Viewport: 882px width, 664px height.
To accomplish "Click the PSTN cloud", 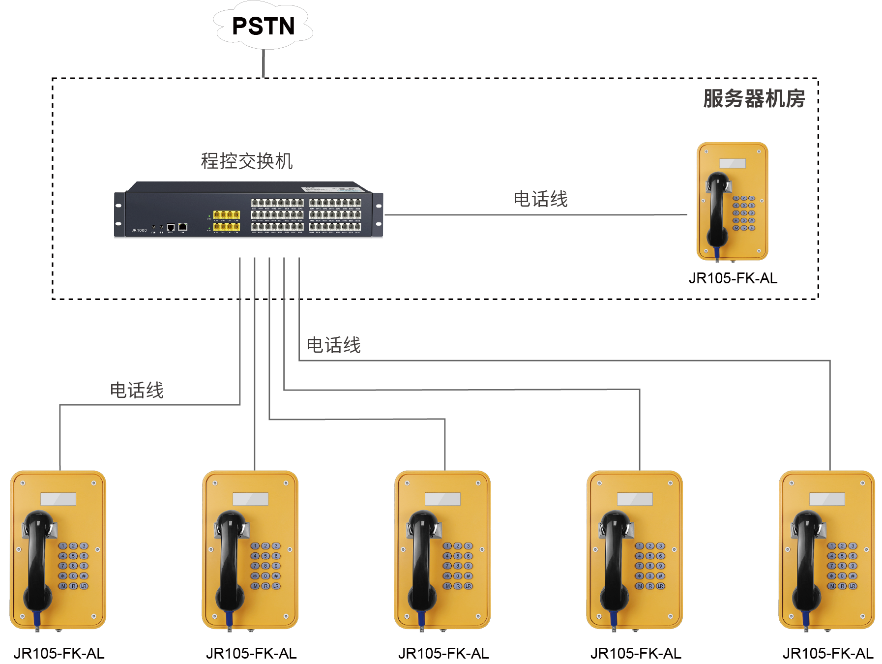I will [263, 26].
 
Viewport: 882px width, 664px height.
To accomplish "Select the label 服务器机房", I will [754, 98].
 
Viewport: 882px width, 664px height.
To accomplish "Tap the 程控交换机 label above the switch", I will [247, 161].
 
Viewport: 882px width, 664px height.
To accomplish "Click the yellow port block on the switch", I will [226, 221].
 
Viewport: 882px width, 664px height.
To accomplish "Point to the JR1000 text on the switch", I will [139, 230].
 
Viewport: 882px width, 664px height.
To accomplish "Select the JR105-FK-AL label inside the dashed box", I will [733, 278].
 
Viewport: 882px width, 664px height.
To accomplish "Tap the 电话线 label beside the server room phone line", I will [540, 199].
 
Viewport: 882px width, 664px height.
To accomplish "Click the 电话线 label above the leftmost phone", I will [137, 391].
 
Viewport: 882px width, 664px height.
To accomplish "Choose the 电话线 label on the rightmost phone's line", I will [334, 345].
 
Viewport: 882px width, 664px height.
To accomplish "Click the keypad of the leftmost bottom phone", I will [73, 566].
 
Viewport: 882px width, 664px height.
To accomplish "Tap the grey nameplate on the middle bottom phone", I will [442, 499].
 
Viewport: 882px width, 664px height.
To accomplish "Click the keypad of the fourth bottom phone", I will [650, 566].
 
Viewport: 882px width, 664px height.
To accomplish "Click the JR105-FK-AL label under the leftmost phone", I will [59, 653].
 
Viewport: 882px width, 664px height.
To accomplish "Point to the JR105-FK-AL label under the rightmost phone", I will [828, 653].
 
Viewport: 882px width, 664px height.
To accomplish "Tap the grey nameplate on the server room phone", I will [733, 163].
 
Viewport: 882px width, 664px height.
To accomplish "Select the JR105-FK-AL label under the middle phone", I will [443, 653].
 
